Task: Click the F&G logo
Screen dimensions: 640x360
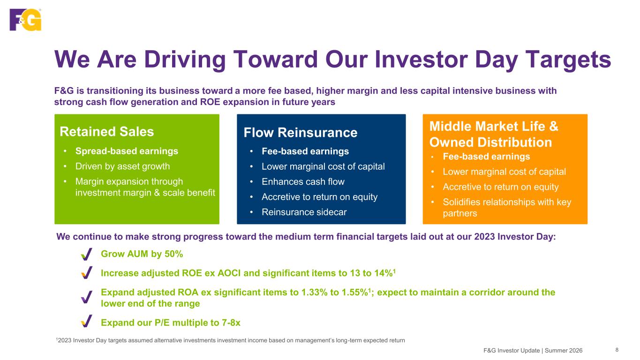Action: click(x=25, y=20)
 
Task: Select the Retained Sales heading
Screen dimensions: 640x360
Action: click(x=107, y=132)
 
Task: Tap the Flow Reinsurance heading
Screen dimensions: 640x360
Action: click(x=300, y=133)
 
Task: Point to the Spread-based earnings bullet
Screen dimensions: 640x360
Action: click(x=127, y=151)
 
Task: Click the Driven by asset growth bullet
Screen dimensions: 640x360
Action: click(x=122, y=166)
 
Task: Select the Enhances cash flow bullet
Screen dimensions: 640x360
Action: click(x=303, y=182)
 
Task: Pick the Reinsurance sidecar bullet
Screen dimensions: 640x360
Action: click(x=304, y=212)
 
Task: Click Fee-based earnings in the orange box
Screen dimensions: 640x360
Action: click(x=486, y=157)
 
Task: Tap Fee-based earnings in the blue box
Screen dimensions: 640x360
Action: click(x=305, y=151)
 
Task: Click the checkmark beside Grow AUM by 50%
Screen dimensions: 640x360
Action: click(x=87, y=254)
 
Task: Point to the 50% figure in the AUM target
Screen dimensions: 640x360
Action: click(x=173, y=254)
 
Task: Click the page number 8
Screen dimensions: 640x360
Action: click(x=617, y=350)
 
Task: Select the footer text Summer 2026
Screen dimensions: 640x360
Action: click(x=564, y=351)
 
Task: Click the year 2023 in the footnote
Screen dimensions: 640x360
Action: click(x=65, y=340)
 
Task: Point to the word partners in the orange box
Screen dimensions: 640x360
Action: click(x=460, y=213)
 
